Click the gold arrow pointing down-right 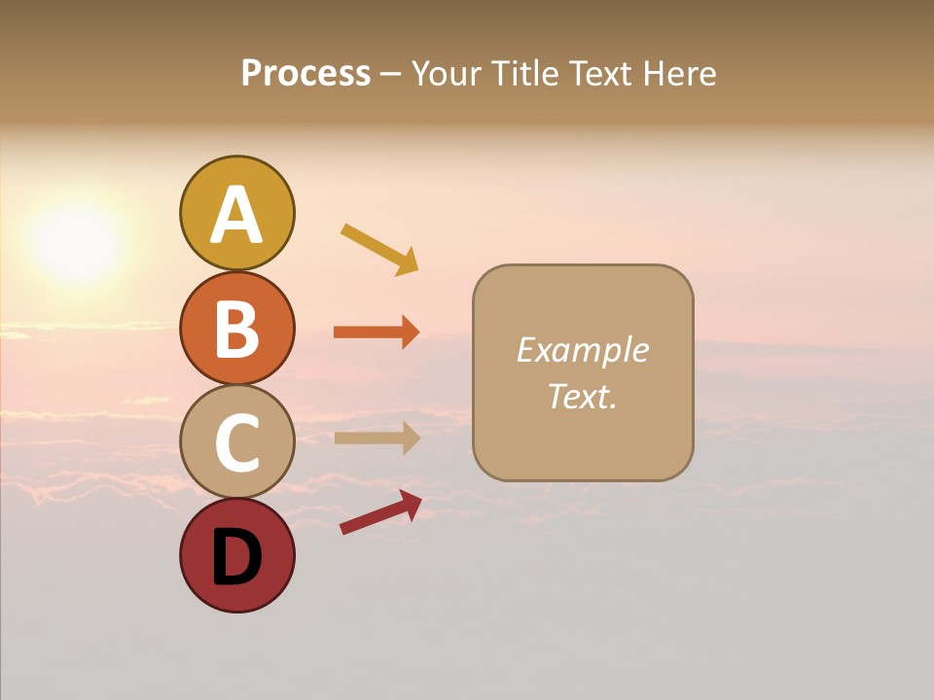click(379, 249)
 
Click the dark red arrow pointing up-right click(380, 512)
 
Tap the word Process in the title click(305, 74)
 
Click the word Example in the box click(583, 350)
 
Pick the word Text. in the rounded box click(583, 397)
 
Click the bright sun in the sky click(76, 243)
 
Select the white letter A click(236, 215)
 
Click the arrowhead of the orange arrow click(411, 332)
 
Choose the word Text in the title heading click(600, 74)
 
